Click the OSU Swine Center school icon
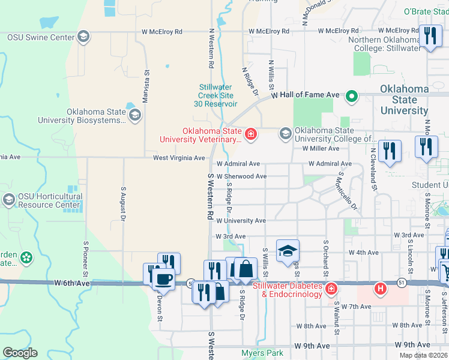tap(83, 37)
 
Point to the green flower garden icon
tap(26, 258)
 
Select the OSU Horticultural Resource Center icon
tap(9, 199)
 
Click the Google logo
tap(20, 352)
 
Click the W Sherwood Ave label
tap(241, 176)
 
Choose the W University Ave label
tap(241, 221)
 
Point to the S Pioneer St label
tap(86, 254)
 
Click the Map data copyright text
tap(424, 355)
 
